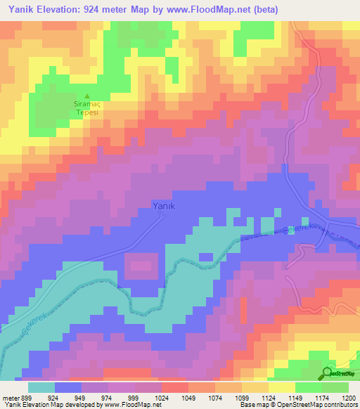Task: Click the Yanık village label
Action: pyautogui.click(x=163, y=205)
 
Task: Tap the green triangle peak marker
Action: pyautogui.click(x=87, y=97)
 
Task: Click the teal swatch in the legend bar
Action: pyautogui.click(x=41, y=387)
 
